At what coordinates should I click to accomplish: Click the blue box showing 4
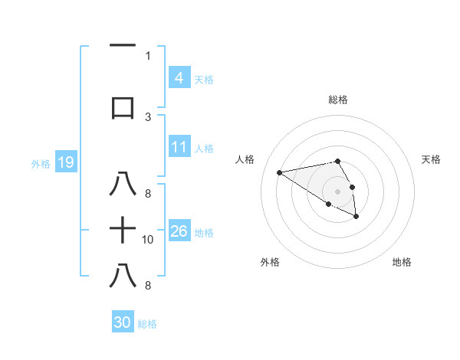click(x=179, y=77)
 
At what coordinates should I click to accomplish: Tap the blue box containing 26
click(x=179, y=231)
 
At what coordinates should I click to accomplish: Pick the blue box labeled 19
click(x=65, y=162)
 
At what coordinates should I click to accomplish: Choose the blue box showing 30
click(x=123, y=322)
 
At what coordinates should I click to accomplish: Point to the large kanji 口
click(x=123, y=107)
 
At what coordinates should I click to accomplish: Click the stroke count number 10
click(x=148, y=240)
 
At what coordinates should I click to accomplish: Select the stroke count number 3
click(x=148, y=117)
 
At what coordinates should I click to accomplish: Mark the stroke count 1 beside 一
click(x=148, y=56)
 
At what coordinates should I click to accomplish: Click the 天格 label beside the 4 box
click(x=204, y=79)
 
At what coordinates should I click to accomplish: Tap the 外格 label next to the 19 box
click(x=40, y=163)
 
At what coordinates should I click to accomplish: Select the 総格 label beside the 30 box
click(x=147, y=324)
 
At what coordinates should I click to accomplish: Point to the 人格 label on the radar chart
click(x=245, y=159)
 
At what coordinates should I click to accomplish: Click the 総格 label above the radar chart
click(x=337, y=100)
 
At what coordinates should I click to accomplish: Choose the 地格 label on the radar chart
click(x=402, y=262)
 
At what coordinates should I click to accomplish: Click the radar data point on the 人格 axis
click(x=279, y=172)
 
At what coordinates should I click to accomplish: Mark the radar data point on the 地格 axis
click(x=356, y=217)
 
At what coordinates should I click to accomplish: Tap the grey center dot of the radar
click(x=337, y=191)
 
